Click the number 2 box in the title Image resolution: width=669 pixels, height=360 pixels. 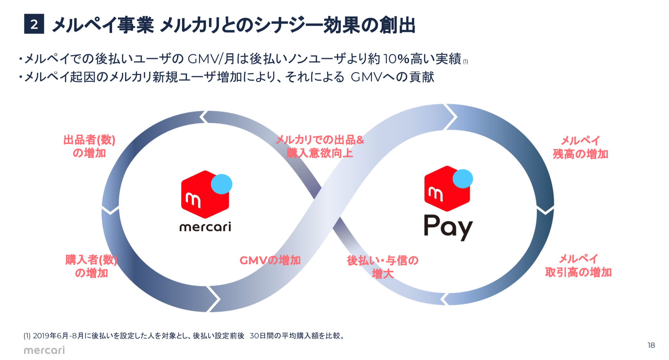point(34,24)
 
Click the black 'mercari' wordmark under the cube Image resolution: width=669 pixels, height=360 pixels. point(205,227)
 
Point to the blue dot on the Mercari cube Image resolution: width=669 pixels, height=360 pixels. point(221,184)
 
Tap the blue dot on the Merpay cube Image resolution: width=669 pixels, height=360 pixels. point(463,179)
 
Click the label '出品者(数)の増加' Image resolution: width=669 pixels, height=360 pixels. point(89,146)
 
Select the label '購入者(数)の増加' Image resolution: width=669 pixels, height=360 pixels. point(91,266)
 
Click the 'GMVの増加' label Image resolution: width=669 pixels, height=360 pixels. point(270,261)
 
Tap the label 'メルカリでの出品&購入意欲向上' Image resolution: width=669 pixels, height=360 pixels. point(320,146)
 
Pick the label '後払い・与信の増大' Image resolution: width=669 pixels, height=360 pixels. point(382,267)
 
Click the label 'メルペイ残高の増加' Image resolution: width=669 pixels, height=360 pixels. point(580,147)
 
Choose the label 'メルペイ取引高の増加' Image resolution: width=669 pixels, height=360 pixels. point(578,265)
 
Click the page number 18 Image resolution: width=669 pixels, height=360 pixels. point(651,345)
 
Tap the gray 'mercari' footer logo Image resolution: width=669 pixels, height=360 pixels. point(44,350)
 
